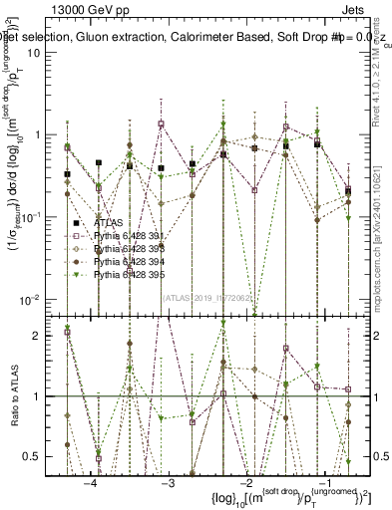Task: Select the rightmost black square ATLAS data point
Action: pyautogui.click(x=347, y=190)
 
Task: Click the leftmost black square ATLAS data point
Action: pyautogui.click(x=67, y=174)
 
